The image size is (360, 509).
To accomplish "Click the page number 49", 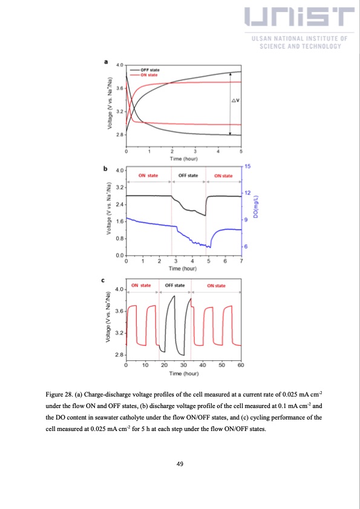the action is pos(180,464).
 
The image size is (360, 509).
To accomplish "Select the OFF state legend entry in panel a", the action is pos(148,70).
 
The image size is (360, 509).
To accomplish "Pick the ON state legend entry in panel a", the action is pos(148,75).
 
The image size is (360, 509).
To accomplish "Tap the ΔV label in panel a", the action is pos(236,101).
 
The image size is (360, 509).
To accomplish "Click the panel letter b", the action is pos(106,169).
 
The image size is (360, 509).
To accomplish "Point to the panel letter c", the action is pos(106,280).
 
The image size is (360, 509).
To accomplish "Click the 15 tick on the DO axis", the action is pos(248,166).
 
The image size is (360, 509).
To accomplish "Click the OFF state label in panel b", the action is pos(189,175).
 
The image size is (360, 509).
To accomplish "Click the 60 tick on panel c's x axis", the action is pos(241,365).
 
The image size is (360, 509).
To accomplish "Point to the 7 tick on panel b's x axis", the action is pos(241,261).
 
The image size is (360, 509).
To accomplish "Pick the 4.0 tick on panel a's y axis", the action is pos(120,65).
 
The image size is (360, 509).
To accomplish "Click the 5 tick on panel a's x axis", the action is pos(241,151).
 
